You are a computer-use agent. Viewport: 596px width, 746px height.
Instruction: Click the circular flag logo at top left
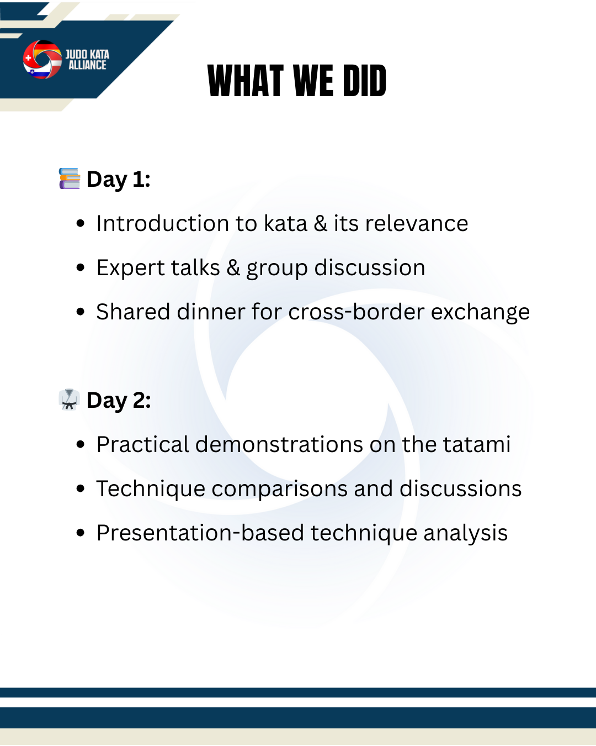[42, 59]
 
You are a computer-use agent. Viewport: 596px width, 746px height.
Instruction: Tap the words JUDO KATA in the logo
[87, 54]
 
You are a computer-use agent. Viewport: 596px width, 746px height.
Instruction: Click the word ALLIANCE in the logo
[87, 65]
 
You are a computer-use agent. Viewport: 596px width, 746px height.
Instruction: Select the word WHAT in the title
[246, 81]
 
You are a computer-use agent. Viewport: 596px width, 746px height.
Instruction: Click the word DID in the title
[364, 81]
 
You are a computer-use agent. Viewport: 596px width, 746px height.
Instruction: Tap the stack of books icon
[70, 178]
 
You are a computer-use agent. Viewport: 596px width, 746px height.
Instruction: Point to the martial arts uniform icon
[70, 400]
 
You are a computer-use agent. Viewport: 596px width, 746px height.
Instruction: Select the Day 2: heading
[119, 401]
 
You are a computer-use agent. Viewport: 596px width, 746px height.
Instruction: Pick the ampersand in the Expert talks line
[233, 267]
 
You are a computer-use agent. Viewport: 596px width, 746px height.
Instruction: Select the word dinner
[211, 312]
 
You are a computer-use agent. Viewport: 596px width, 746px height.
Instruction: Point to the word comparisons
[279, 489]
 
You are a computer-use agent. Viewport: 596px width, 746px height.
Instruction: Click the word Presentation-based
[200, 533]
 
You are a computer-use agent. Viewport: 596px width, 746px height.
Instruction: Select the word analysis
[465, 533]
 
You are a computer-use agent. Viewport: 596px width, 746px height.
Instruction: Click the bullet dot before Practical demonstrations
[81, 444]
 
